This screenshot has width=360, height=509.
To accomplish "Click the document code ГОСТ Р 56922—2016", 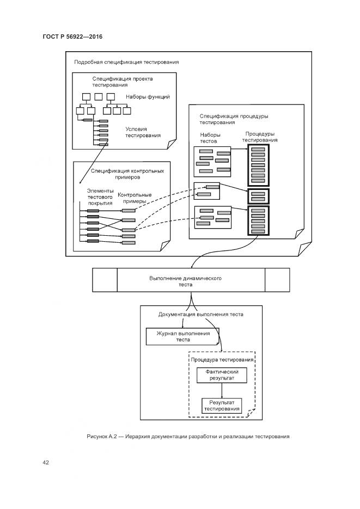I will click(72, 36).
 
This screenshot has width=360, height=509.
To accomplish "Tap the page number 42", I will click(46, 463).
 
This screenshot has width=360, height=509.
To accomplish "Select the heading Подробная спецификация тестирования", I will click(126, 62).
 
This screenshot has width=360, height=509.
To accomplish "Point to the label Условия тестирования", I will click(143, 132).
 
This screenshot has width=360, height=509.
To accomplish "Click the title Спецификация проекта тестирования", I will click(122, 82).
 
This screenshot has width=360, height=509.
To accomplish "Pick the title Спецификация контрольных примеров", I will click(127, 174).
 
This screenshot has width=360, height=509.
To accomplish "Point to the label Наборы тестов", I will click(209, 137).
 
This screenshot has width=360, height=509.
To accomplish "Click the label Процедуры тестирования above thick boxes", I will click(260, 137).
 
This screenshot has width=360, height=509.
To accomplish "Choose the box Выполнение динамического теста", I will click(185, 280).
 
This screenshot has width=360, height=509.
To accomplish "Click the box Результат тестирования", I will click(221, 405).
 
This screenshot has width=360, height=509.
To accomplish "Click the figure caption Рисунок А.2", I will click(187, 437).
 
